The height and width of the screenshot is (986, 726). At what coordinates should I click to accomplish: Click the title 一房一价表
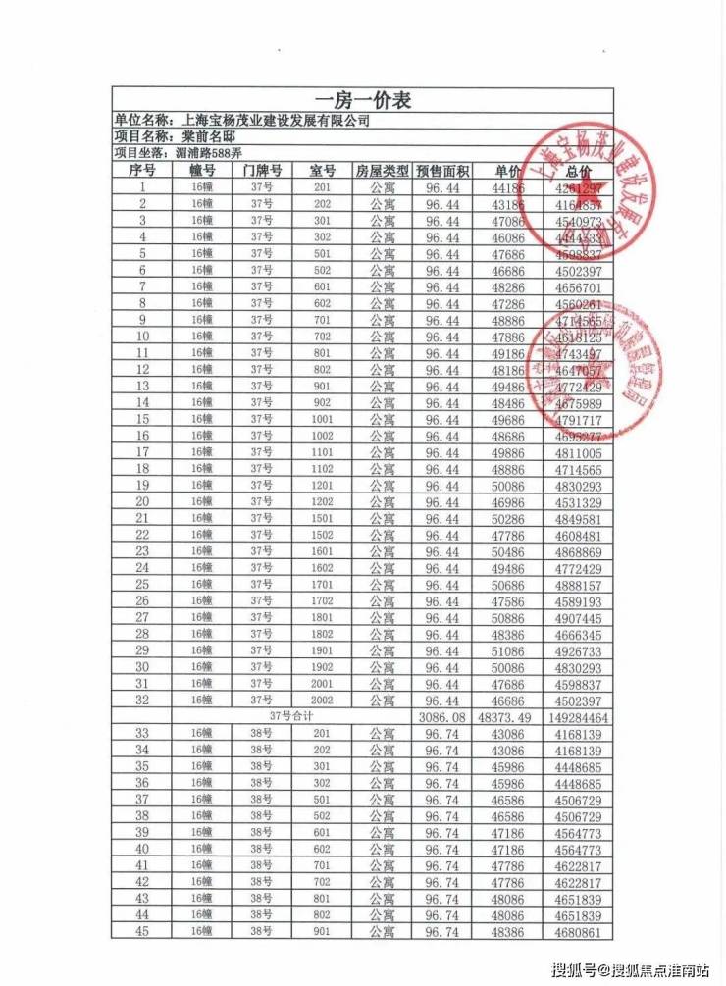coord(362,100)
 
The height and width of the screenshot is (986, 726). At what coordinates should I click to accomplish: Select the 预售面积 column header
coord(443,170)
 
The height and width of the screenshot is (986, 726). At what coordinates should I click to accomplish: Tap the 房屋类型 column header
coord(382,170)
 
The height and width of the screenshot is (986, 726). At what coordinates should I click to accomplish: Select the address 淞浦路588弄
coord(207,153)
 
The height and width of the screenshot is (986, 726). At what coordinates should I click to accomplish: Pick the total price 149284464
coord(578,717)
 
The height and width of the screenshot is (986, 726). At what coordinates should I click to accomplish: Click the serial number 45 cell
coord(142,931)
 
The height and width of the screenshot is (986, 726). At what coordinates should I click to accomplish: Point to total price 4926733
coord(578,650)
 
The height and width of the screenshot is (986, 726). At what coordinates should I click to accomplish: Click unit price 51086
coord(509,650)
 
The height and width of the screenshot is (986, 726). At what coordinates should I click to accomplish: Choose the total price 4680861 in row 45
coord(578,931)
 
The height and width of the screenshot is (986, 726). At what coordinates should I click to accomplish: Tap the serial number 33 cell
coord(142,734)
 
